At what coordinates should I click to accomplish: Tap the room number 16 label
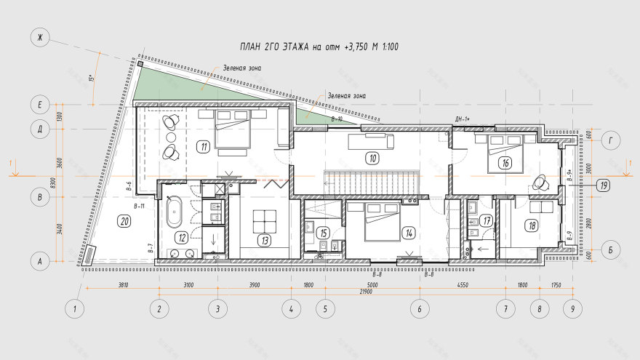click(x=505, y=163)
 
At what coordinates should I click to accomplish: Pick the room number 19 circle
click(x=603, y=185)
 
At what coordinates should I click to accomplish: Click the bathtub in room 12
click(x=173, y=213)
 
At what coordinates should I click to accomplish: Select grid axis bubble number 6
click(x=420, y=308)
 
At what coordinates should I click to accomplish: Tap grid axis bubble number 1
click(x=74, y=308)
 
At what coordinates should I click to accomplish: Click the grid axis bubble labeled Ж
click(x=40, y=37)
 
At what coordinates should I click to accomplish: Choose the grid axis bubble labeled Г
click(x=612, y=140)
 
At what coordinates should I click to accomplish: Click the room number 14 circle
click(x=409, y=233)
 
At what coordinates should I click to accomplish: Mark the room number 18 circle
click(x=532, y=226)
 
